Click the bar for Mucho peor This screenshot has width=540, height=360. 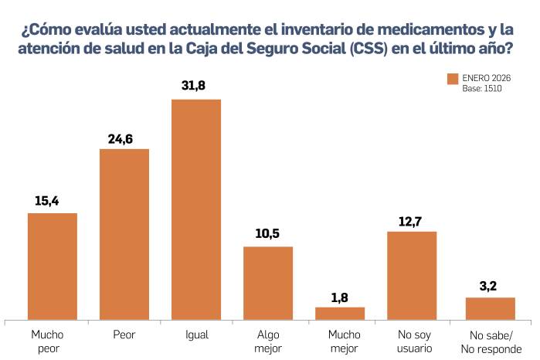click(x=53, y=266)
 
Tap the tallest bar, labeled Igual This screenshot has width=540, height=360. click(x=196, y=209)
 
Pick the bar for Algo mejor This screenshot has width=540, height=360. click(x=268, y=283)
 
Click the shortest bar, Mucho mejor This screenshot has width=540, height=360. click(x=340, y=313)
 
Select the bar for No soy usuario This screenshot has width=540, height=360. click(x=412, y=275)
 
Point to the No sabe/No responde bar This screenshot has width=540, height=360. click(x=490, y=308)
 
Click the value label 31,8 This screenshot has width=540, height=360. click(x=196, y=86)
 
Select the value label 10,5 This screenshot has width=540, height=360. click(x=268, y=234)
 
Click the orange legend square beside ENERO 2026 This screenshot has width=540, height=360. click(x=453, y=80)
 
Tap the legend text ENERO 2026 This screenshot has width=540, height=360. click(x=487, y=79)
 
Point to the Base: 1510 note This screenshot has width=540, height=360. click(x=483, y=90)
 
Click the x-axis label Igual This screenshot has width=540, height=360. click(x=196, y=336)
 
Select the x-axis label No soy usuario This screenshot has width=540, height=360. click(x=412, y=341)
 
